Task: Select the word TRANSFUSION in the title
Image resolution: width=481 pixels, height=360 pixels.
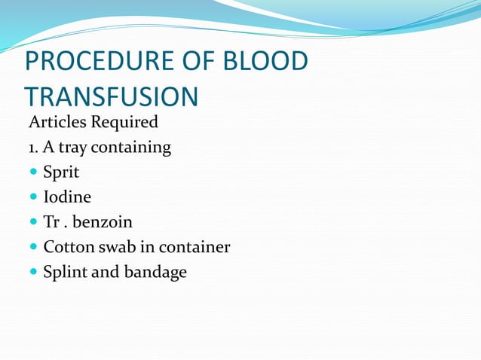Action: tap(111, 98)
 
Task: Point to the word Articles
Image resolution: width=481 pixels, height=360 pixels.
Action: tap(54, 122)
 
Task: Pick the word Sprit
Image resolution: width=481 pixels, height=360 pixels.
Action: tap(61, 173)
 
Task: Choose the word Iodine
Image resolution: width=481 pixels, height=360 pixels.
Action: tap(67, 197)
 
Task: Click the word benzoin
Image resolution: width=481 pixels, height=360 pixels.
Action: tap(103, 222)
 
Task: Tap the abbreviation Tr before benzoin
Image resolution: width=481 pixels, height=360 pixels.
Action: tap(51, 222)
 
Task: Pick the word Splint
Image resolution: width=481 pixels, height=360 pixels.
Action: tap(65, 273)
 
